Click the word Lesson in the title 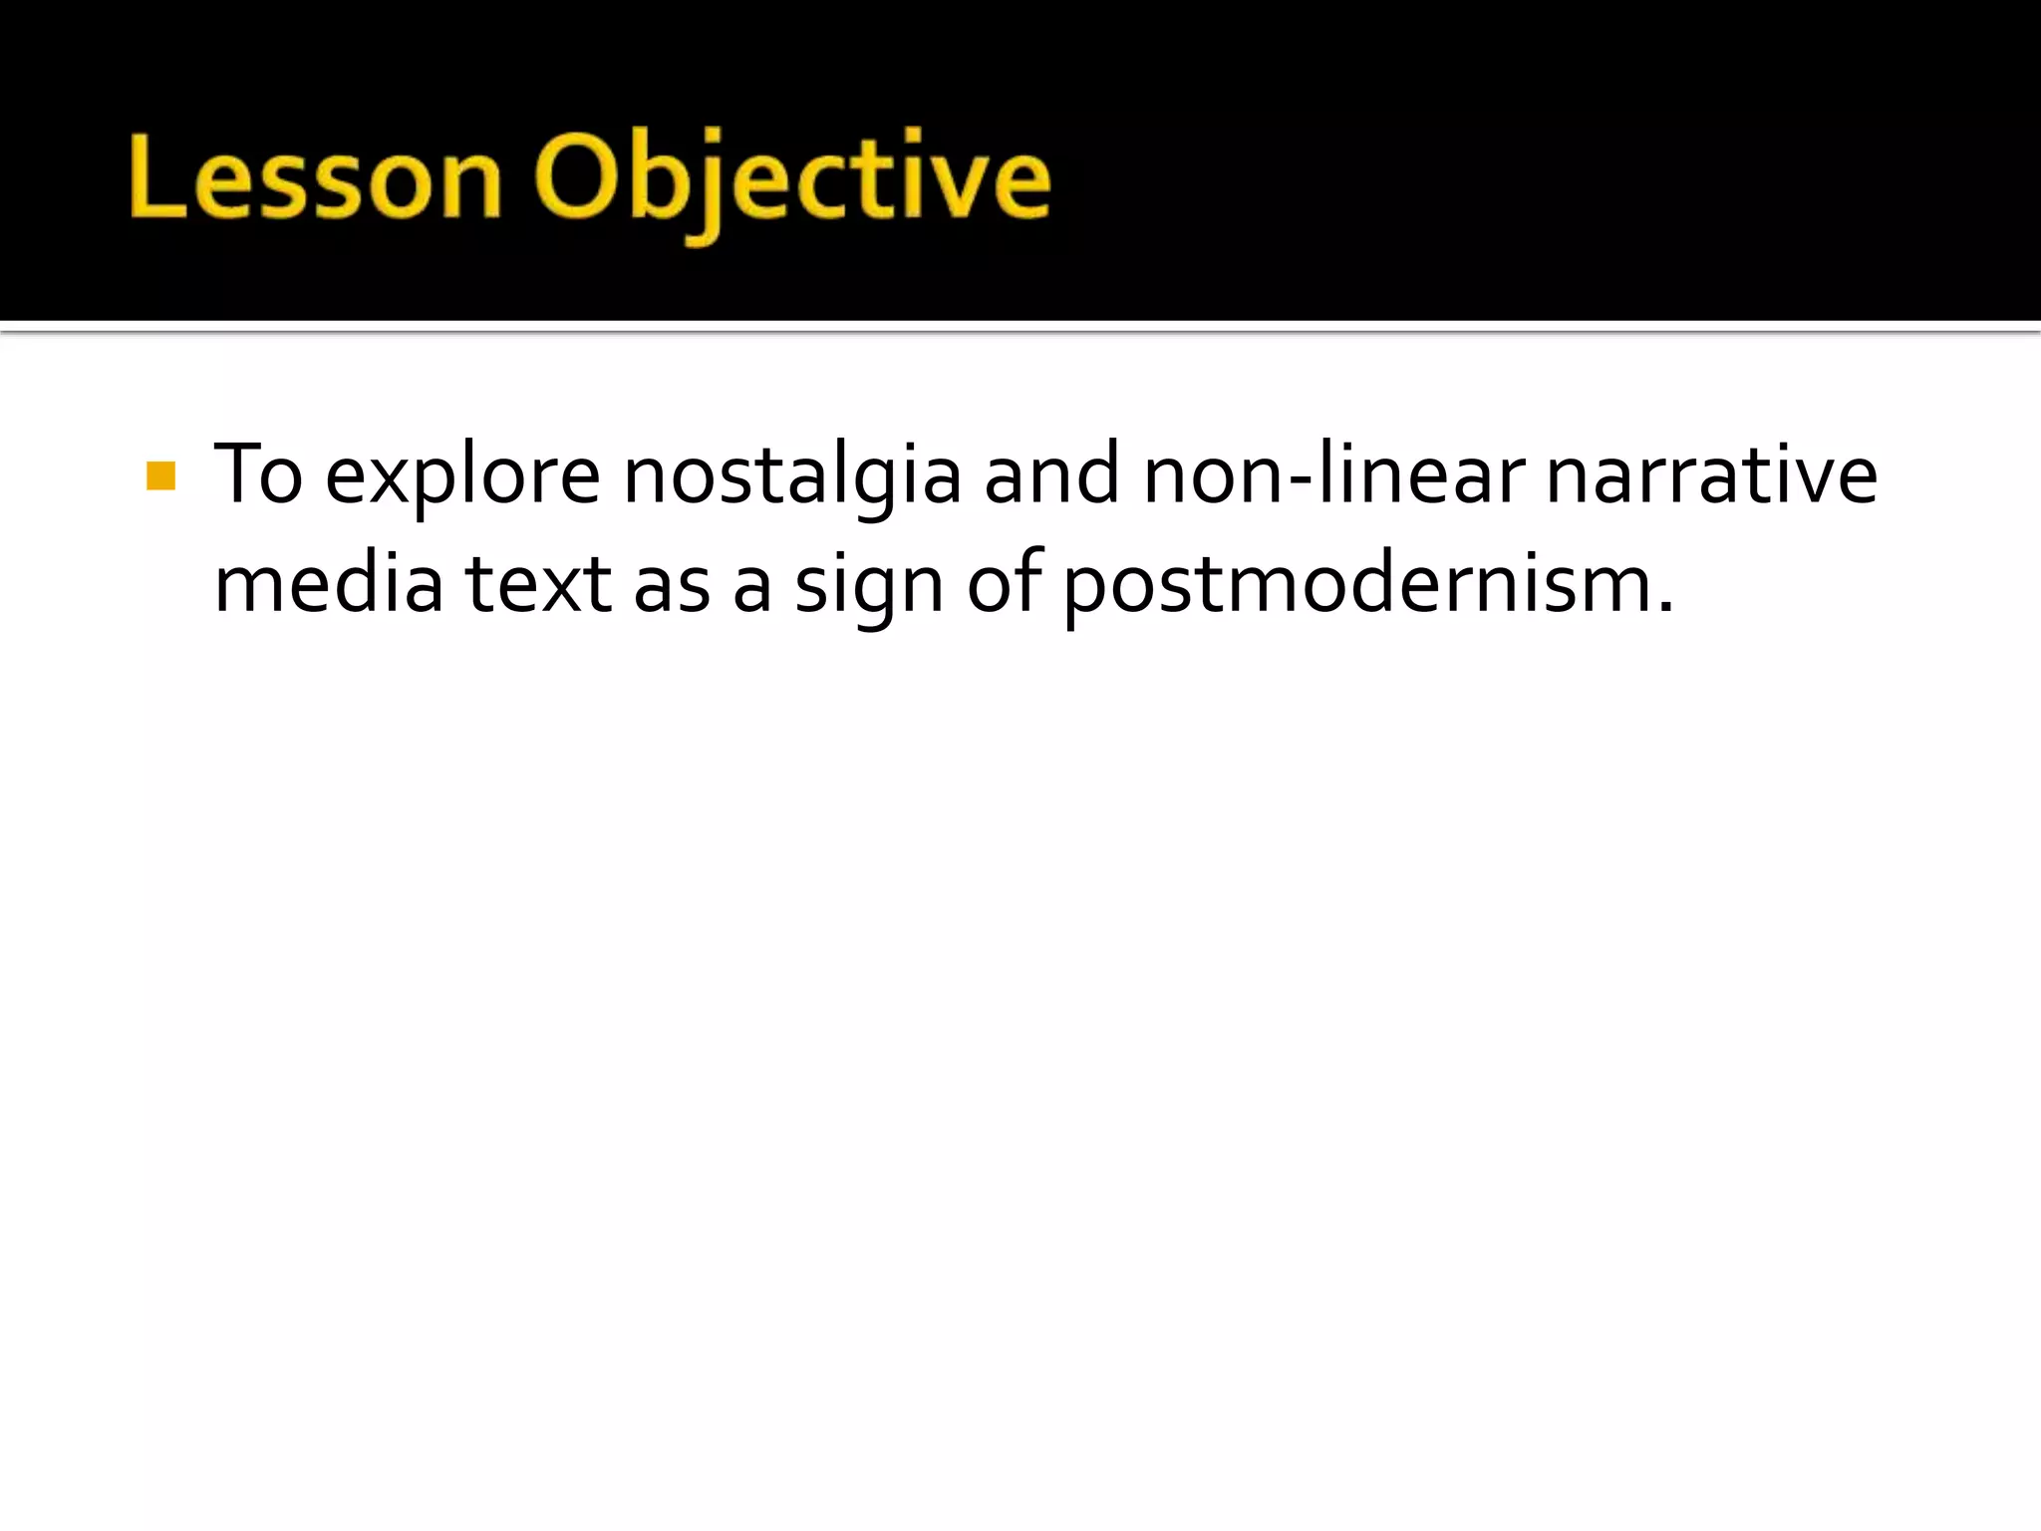point(314,177)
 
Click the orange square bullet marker point(160,476)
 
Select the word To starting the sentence point(257,474)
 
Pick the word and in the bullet point(1051,474)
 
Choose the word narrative point(1711,474)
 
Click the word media point(328,583)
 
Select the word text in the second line point(537,585)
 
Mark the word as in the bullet point(672,587)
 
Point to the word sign point(868,589)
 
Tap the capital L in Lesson point(157,176)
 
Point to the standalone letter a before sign point(752,589)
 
